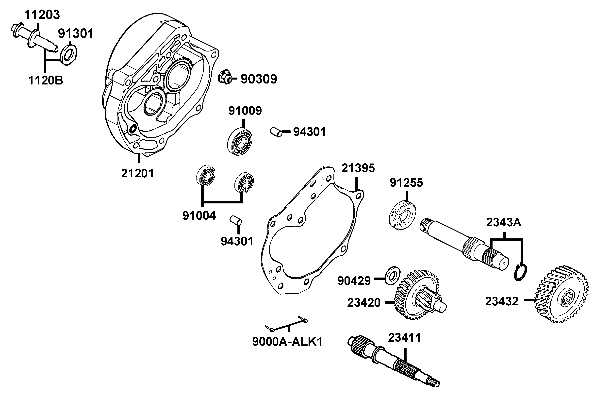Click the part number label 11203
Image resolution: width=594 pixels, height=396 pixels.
point(42,15)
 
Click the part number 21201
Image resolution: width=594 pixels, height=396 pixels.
point(137,174)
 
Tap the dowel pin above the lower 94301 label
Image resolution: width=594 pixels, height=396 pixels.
point(236,220)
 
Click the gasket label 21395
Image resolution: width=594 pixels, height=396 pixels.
point(358,168)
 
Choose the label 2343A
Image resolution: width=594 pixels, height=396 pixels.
point(504,222)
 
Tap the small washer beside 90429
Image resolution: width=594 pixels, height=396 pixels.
point(393,275)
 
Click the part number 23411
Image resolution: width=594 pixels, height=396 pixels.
point(405,338)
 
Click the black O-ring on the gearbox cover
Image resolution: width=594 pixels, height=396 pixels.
point(132,129)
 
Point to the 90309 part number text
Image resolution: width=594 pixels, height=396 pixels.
point(259,79)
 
